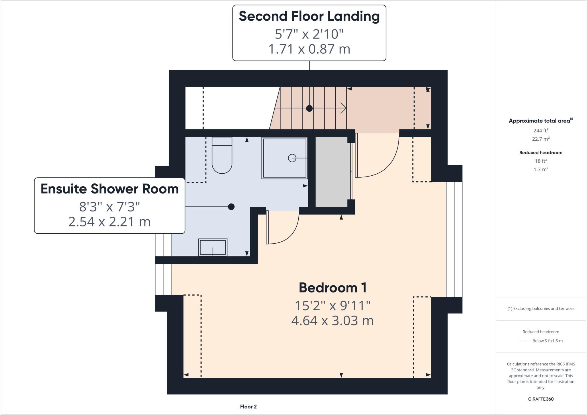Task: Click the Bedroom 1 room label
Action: pyautogui.click(x=332, y=288)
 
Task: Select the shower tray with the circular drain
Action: pyautogui.click(x=284, y=158)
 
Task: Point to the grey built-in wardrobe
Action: pyautogui.click(x=332, y=172)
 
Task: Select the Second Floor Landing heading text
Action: pyautogui.click(x=309, y=16)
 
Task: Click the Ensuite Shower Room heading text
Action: pyautogui.click(x=109, y=189)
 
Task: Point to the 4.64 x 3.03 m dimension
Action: pyautogui.click(x=332, y=321)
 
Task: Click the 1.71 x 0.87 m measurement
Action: pyautogui.click(x=309, y=49)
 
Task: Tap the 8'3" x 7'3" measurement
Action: pyautogui.click(x=109, y=206)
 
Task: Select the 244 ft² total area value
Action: pyautogui.click(x=541, y=131)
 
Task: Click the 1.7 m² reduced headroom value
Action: pyautogui.click(x=541, y=169)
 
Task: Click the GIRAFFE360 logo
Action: pyautogui.click(x=541, y=399)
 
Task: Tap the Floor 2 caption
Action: pyautogui.click(x=248, y=407)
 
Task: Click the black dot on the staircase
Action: pyautogui.click(x=309, y=108)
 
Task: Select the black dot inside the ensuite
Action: pyautogui.click(x=231, y=207)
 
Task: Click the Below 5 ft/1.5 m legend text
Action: pyautogui.click(x=547, y=341)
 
